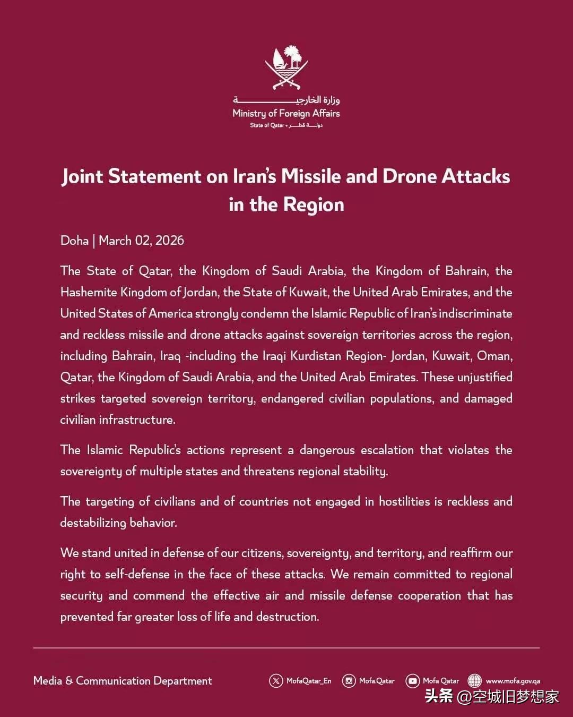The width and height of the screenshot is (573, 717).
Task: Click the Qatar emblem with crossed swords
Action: [286, 67]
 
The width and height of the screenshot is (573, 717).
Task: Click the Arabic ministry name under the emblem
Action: [286, 99]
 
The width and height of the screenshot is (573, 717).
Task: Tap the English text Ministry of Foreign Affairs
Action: [286, 113]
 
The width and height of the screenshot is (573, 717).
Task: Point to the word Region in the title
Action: [314, 204]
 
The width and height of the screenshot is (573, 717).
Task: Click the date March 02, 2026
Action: [141, 241]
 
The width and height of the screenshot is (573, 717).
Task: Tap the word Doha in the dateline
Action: [74, 241]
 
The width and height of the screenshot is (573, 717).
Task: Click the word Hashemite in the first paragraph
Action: [88, 292]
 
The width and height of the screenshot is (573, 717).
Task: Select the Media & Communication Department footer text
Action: [123, 681]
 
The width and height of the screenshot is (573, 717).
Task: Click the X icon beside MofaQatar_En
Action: [276, 681]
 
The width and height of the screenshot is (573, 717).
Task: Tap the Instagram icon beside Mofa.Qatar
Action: [349, 681]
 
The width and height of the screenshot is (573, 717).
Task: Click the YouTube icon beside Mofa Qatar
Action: [412, 681]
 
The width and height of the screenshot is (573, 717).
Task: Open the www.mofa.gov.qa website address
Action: [513, 681]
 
